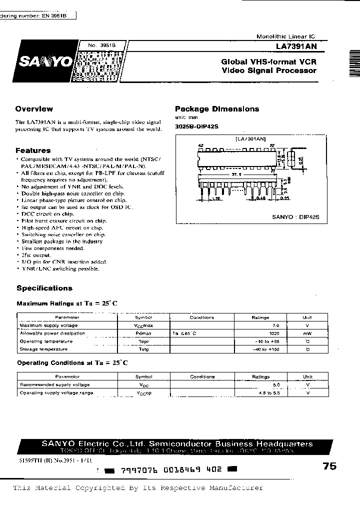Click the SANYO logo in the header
click(x=45, y=62)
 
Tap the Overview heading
click(x=34, y=108)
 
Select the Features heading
click(x=33, y=150)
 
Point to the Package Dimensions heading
click(x=217, y=108)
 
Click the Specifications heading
click(x=44, y=288)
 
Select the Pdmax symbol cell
click(x=143, y=333)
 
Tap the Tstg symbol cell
click(x=143, y=349)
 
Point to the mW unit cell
click(x=307, y=333)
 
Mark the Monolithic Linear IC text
click(x=285, y=37)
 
